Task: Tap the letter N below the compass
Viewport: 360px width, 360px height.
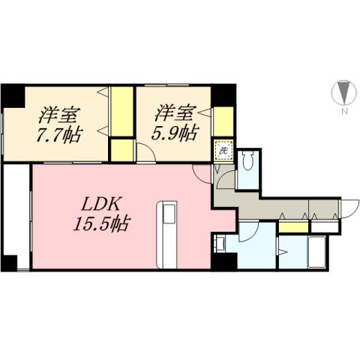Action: coord(343,112)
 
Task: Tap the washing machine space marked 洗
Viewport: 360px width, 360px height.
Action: coord(223,151)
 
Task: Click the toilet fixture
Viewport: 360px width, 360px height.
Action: coord(250,162)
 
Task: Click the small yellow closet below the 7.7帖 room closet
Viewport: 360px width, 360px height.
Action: coord(121,148)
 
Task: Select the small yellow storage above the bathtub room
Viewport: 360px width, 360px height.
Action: coord(293,226)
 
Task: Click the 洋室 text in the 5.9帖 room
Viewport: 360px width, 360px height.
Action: coord(175,113)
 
